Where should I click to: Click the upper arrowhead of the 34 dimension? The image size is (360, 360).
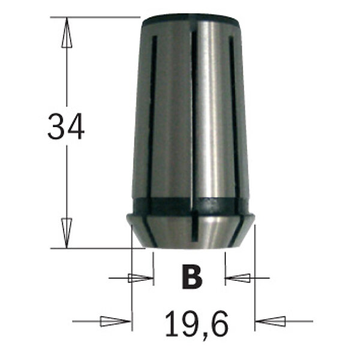(x=66, y=33)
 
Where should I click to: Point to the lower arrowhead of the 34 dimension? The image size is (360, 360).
(x=66, y=231)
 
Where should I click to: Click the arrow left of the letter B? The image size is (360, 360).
(x=140, y=278)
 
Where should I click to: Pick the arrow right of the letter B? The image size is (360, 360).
(x=239, y=278)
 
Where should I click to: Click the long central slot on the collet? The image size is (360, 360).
(x=194, y=120)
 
